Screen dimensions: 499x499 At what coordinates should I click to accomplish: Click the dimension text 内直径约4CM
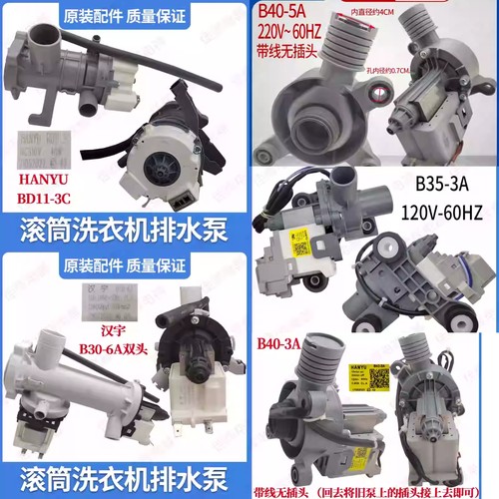[x=391, y=11]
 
